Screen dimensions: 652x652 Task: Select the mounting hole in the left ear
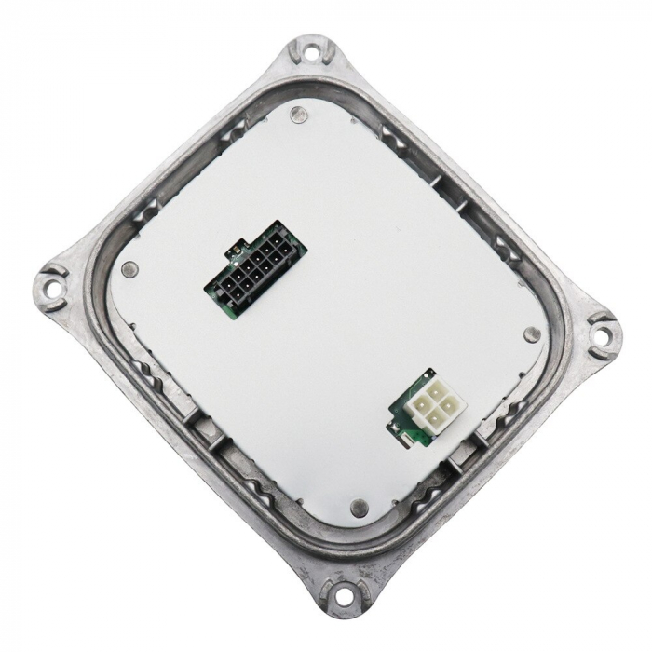point(52,287)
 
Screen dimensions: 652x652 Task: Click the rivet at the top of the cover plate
point(297,115)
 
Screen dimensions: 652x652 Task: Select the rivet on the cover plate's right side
point(532,333)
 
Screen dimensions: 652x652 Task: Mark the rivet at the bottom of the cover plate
point(358,507)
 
